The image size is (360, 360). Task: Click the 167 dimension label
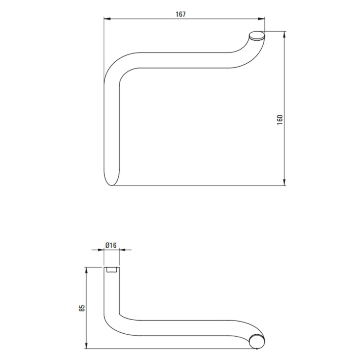coord(180,14)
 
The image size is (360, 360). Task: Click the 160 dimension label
coord(280,120)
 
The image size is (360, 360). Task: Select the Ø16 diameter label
coord(111,245)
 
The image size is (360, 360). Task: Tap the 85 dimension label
coord(82,308)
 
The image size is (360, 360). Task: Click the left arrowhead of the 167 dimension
coord(107,19)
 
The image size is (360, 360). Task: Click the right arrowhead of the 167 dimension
coord(261,19)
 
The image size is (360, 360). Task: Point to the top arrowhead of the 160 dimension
coord(285,35)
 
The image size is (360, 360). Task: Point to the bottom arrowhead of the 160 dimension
coord(285,182)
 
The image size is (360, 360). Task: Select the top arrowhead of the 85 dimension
coord(86,270)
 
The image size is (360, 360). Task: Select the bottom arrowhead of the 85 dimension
coord(86,345)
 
